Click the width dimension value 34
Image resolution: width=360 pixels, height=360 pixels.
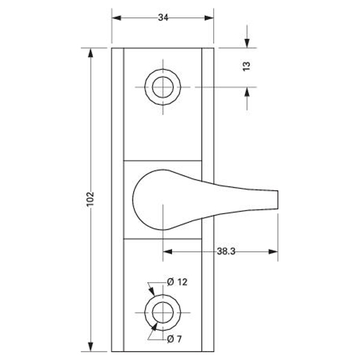163,18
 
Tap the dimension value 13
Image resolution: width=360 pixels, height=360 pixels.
247,66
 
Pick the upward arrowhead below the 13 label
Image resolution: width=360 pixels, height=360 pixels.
247,92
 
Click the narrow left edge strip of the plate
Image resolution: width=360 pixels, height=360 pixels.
117,198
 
